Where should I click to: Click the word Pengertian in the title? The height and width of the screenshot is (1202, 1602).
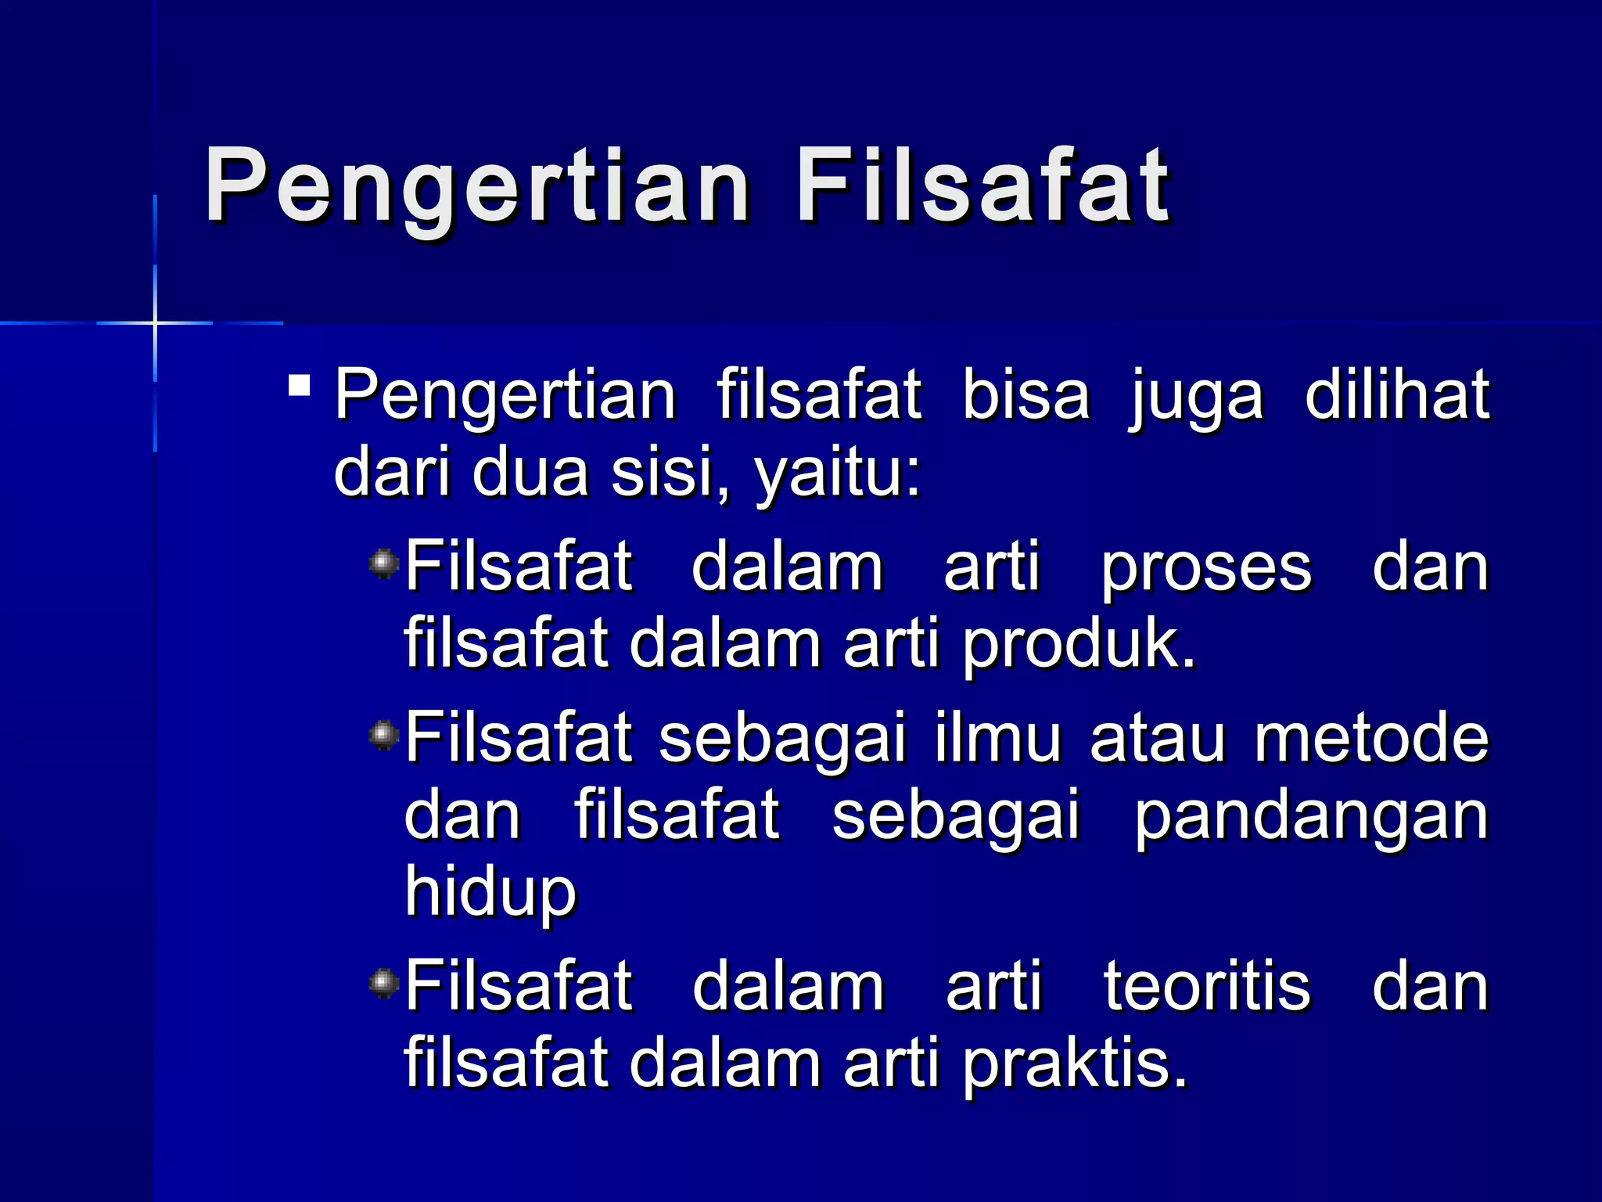point(478,187)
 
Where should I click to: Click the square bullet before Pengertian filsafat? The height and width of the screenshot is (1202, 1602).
point(299,386)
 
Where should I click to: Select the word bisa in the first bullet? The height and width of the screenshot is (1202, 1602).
point(1025,394)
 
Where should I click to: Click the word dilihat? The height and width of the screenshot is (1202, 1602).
point(1397,394)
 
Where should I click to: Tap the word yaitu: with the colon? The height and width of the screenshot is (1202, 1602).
point(838,474)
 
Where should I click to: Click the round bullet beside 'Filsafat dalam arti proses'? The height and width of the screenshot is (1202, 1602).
point(383,563)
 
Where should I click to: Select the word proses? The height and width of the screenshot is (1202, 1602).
point(1206,568)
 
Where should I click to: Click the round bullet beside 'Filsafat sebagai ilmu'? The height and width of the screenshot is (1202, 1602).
point(383,735)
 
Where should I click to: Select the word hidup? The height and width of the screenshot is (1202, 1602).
point(490,893)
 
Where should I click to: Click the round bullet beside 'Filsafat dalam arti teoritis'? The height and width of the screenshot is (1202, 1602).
point(383,983)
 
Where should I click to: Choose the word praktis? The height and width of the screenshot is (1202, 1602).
point(1075,1064)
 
